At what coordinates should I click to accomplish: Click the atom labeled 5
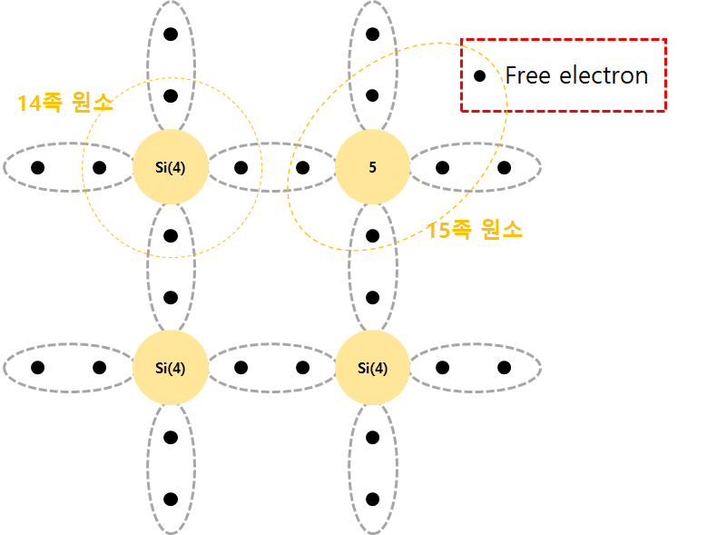coord(372,167)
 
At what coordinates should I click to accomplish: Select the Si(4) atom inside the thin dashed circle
coord(170,167)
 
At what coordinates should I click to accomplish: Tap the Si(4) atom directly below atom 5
coord(372,368)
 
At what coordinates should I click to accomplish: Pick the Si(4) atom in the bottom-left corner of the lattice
coord(170,368)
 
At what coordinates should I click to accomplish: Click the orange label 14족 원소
coord(65,103)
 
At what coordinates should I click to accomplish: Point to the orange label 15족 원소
coord(475,230)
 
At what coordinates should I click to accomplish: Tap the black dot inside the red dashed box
coord(479,75)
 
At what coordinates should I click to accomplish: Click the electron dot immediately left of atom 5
coord(303,167)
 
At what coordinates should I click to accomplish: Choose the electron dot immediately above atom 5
coord(372,95)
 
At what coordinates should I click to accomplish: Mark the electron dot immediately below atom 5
coord(372,235)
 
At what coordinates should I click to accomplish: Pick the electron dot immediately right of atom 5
coord(442,167)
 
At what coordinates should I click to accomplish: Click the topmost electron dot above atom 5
coord(372,35)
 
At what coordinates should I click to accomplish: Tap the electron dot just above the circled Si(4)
coord(170,95)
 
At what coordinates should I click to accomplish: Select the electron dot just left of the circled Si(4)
coord(100,167)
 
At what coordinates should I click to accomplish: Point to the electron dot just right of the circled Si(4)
coord(241,167)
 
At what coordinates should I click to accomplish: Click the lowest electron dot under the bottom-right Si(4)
coord(372,499)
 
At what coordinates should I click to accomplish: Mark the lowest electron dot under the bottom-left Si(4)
coord(170,499)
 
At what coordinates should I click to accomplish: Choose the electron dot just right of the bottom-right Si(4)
coord(442,368)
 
